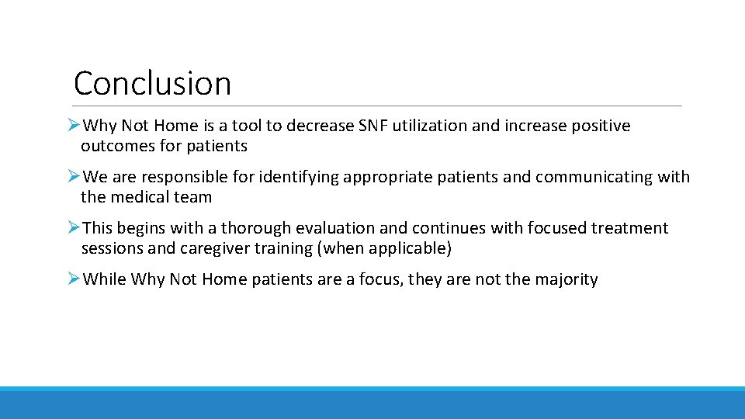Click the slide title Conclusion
point(152,83)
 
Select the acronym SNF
point(374,126)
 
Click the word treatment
point(632,228)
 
